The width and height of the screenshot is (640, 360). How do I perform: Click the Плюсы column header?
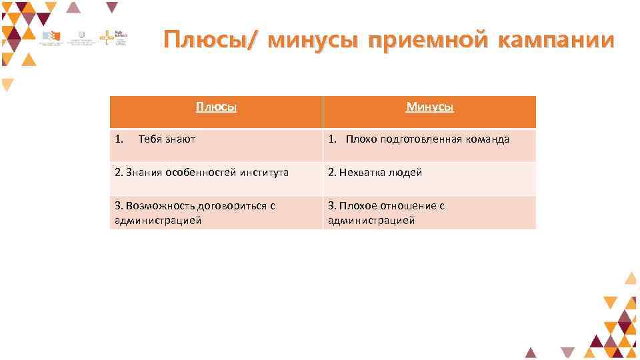(216, 107)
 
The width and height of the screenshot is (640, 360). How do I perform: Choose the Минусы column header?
(430, 107)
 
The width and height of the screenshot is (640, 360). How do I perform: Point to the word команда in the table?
(487, 139)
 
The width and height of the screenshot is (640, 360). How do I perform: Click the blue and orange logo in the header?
(51, 37)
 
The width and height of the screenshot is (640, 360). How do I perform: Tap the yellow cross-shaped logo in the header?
(107, 37)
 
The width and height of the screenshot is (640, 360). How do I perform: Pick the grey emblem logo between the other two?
(81, 37)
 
